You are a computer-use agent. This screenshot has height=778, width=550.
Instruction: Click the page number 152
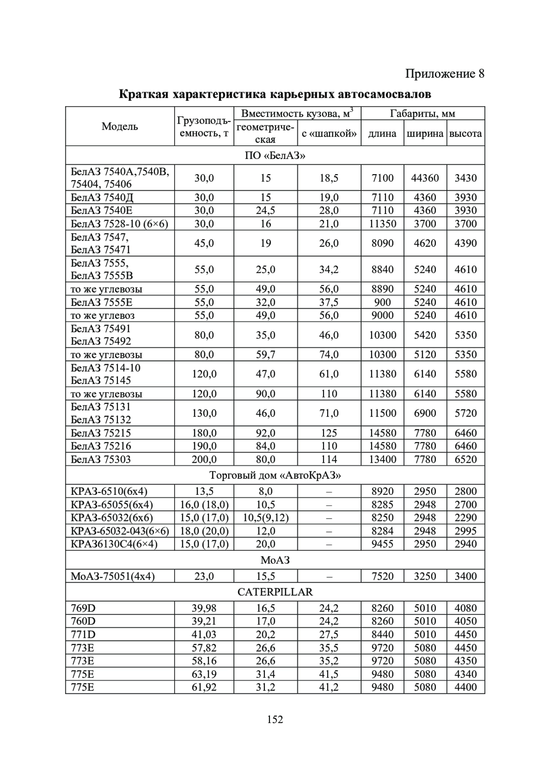(275, 719)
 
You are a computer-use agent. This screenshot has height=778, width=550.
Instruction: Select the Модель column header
(120, 126)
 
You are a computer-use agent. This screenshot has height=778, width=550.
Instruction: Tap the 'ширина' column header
(425, 133)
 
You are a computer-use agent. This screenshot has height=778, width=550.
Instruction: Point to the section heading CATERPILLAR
(275, 592)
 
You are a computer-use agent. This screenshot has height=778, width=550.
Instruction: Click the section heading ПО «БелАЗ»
(275, 155)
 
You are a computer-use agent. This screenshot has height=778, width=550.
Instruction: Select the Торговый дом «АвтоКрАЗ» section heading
(275, 475)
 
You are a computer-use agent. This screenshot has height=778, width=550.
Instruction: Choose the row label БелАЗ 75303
(101, 459)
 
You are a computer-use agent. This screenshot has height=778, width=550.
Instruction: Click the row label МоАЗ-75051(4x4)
(113, 576)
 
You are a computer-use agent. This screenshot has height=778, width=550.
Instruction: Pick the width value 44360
(425, 178)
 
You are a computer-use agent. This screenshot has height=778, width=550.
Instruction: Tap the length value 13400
(382, 459)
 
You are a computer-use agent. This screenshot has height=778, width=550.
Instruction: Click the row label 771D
(83, 635)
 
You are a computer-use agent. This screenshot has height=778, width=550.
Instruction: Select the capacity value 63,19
(204, 674)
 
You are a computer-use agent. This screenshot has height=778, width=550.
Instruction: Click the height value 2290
(466, 518)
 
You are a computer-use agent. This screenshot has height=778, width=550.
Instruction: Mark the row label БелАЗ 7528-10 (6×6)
(120, 224)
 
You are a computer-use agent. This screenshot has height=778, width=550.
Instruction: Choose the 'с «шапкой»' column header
(329, 133)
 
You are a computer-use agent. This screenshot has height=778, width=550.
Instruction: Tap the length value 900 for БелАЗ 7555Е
(382, 302)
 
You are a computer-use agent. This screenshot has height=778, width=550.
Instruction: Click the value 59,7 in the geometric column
(265, 354)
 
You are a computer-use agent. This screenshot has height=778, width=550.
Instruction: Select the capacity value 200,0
(204, 459)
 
